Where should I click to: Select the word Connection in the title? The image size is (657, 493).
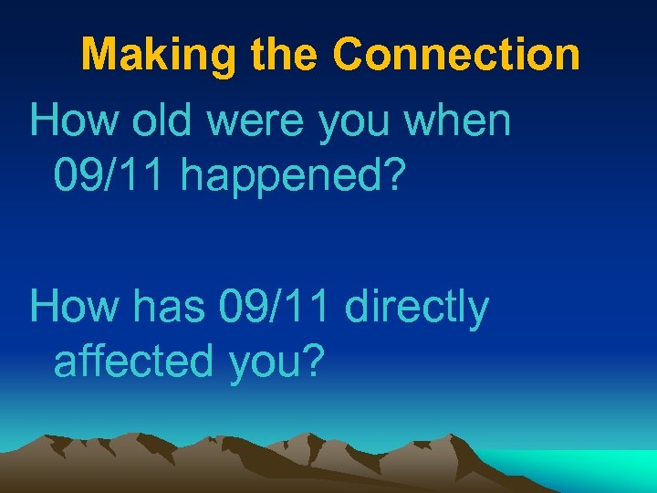[456, 55]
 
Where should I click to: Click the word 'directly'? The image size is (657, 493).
[417, 309]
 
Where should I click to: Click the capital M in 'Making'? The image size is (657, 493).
[98, 55]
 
